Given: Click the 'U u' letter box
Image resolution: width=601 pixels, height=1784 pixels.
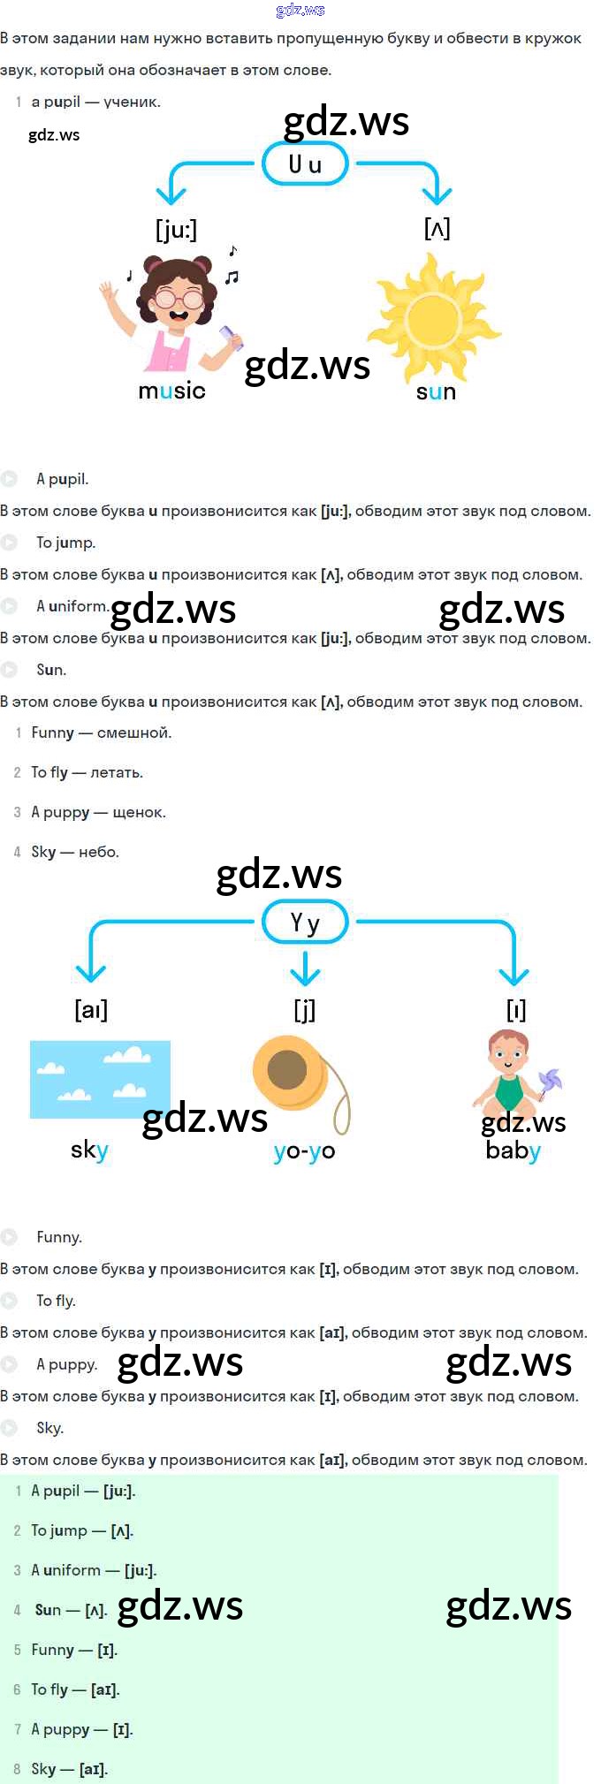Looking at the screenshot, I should (x=305, y=164).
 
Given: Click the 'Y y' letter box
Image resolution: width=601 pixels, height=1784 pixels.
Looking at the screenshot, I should (x=305, y=923).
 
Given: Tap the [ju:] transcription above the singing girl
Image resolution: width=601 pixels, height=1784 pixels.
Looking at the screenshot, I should (x=176, y=230).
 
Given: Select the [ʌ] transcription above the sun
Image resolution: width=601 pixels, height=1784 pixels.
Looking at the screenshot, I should (x=437, y=229).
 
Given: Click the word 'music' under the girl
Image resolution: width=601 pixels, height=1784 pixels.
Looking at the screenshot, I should (x=171, y=391).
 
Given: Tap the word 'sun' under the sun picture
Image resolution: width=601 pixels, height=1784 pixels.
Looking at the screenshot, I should (x=436, y=391).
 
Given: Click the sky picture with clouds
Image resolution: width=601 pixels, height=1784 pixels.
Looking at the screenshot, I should (x=100, y=1079).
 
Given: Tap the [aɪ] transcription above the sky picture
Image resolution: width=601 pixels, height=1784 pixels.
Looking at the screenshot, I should (x=91, y=1009).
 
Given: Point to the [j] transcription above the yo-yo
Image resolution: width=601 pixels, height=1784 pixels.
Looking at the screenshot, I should (x=304, y=1009).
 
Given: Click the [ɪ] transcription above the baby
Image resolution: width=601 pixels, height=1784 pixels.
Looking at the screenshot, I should (x=515, y=1009).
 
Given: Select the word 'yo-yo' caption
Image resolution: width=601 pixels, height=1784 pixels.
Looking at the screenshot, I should (x=304, y=1150).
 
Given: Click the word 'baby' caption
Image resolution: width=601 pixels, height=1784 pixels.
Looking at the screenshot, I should (x=513, y=1150).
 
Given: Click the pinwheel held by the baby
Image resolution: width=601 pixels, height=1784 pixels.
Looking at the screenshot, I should (x=550, y=1082).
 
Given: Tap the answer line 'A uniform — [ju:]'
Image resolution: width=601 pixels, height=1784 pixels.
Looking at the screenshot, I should (x=94, y=1570).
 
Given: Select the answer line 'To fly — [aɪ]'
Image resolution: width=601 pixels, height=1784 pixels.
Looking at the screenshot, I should (x=75, y=1689).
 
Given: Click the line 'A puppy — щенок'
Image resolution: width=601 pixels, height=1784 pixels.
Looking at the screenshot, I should (x=98, y=812).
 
